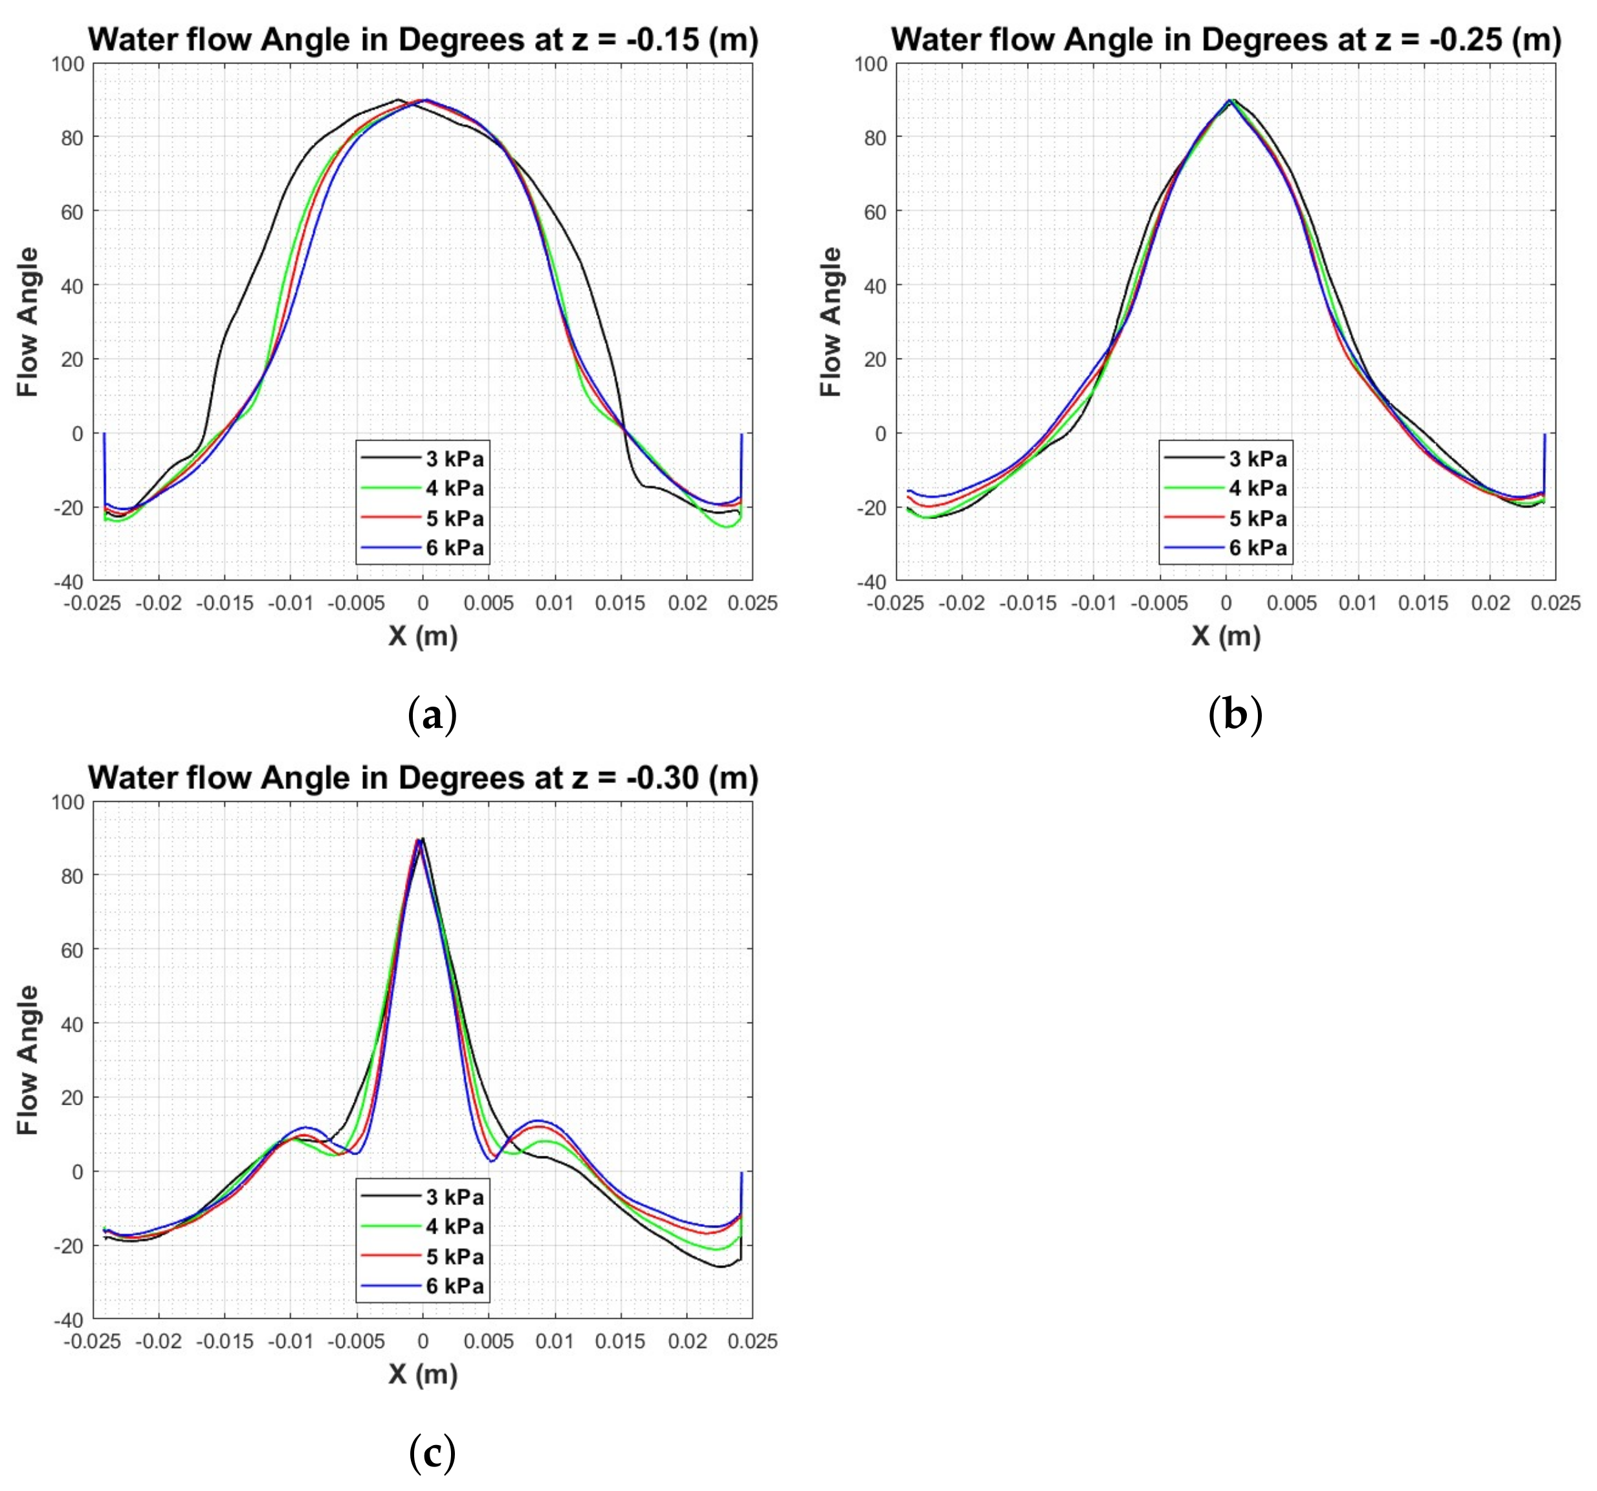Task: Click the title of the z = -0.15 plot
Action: tap(423, 39)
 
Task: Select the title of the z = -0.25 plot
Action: tap(1226, 39)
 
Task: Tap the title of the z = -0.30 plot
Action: tap(423, 778)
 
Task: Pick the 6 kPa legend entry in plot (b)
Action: tap(1257, 548)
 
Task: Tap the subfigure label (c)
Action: tap(432, 1452)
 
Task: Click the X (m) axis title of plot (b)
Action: tap(1226, 635)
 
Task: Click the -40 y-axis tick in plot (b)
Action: tap(871, 581)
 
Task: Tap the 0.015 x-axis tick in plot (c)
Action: tap(619, 1341)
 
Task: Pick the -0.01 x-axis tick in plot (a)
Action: tap(290, 602)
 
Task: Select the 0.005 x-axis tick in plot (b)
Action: tap(1291, 602)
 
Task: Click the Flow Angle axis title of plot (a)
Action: tap(28, 322)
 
